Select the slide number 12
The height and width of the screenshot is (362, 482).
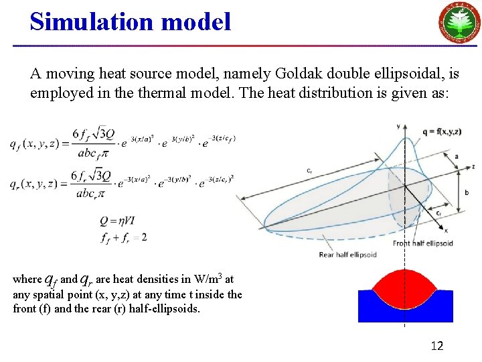(437, 346)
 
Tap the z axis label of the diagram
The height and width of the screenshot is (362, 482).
(473, 166)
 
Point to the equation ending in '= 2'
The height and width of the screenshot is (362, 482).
(124, 237)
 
